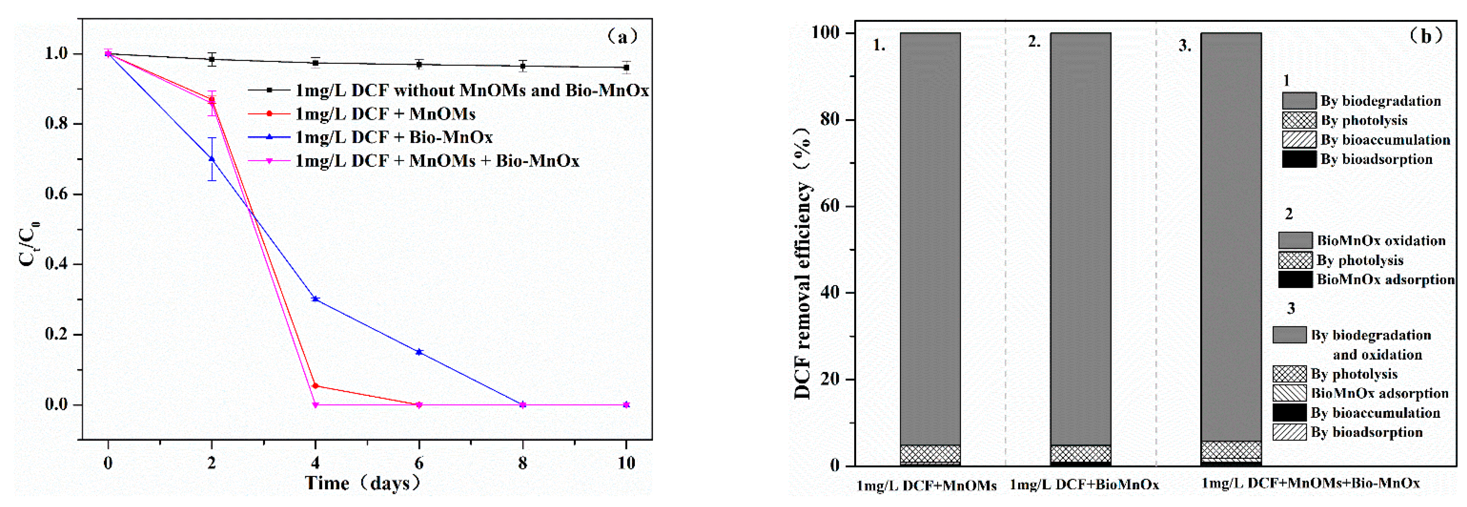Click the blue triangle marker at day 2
(x=212, y=159)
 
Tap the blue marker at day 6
(x=419, y=352)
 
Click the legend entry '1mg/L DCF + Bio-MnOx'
(x=393, y=137)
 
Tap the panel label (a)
(x=623, y=37)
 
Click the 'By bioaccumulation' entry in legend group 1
(x=1385, y=139)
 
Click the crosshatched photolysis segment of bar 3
(x=1231, y=449)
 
